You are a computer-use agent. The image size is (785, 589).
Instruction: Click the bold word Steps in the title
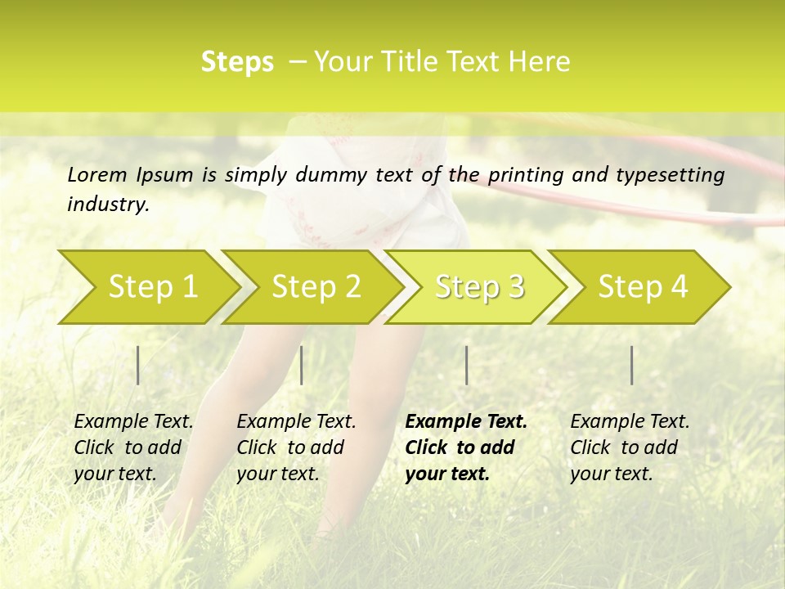(237, 62)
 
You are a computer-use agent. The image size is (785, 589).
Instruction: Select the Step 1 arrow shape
(152, 286)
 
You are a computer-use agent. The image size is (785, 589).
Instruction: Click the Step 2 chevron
(316, 286)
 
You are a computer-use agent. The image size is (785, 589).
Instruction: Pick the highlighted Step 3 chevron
(479, 286)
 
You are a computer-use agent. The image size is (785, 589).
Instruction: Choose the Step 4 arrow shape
(643, 286)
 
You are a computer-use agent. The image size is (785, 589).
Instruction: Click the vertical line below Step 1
(138, 365)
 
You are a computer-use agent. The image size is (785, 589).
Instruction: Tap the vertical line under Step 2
(302, 365)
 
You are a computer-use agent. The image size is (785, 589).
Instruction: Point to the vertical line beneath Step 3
(466, 365)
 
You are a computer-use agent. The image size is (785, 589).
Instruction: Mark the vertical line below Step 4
(631, 365)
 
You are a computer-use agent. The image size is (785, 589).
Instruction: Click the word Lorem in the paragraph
(97, 175)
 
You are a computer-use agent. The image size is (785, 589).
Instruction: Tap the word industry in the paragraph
(107, 205)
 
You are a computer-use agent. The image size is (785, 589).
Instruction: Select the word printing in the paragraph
(525, 175)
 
